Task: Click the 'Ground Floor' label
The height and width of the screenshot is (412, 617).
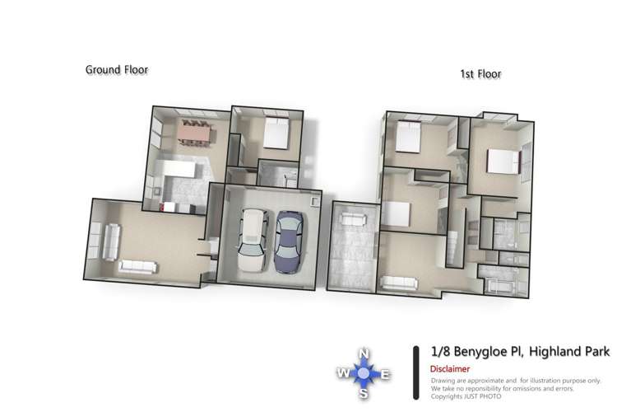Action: coord(117,70)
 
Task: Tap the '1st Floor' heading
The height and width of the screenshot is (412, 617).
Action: coord(480,74)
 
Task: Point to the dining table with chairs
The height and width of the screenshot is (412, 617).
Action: coord(194,130)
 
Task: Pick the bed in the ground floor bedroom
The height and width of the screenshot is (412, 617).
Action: coord(275,134)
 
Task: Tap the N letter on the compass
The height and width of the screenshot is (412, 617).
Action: coord(363,355)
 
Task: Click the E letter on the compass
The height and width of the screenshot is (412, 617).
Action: coord(385,376)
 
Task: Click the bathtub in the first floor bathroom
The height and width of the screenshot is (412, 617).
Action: coord(498,284)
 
